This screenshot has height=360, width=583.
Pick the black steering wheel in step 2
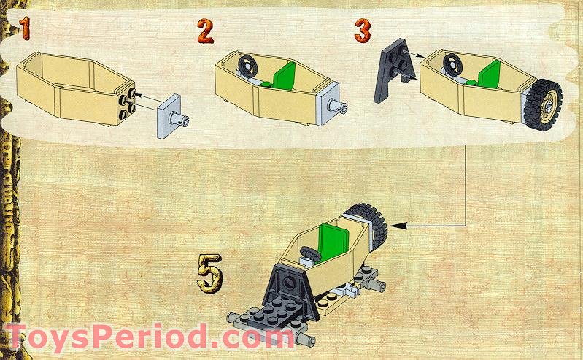click(248, 66)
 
